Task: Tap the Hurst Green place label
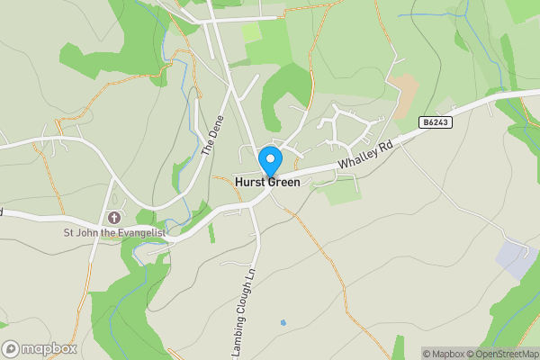point(267,181)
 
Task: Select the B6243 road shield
point(435,121)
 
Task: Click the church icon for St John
point(114,217)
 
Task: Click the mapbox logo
point(38,348)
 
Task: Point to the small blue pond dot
point(283,321)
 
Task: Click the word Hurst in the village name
point(249,181)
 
